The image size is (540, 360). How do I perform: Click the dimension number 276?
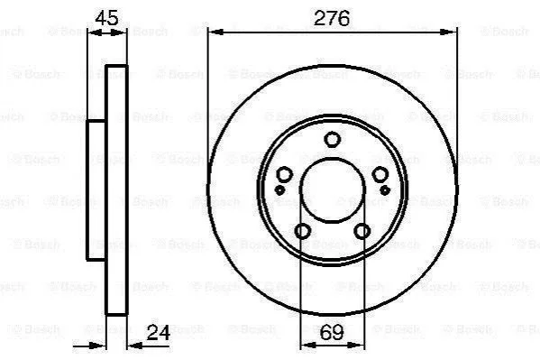pos(332,18)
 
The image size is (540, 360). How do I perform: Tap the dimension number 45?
pos(106,18)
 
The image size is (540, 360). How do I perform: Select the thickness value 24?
pos(159,333)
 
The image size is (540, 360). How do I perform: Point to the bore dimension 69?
pos(332,332)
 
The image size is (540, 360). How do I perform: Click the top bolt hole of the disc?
pos(333,139)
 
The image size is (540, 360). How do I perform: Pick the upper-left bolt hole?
pos(285,174)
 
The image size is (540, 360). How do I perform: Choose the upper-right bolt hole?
pos(380,174)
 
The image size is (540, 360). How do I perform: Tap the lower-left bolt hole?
pos(303,231)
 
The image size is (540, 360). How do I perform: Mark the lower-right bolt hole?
pos(362,231)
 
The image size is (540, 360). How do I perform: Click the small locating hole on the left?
pos(279,189)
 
